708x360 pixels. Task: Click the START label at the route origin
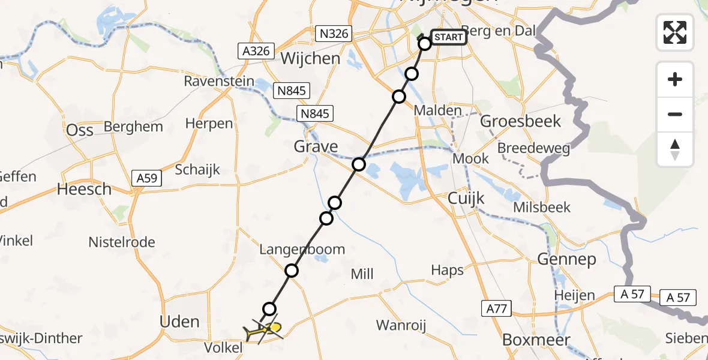click(448, 37)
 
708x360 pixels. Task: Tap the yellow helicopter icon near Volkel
click(264, 329)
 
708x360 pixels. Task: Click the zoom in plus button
click(675, 80)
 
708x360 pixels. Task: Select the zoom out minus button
click(675, 114)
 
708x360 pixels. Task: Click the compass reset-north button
click(675, 149)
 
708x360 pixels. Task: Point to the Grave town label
click(316, 146)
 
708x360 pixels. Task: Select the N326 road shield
click(334, 34)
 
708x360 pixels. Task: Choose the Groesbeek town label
click(521, 121)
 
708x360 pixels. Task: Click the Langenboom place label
click(302, 249)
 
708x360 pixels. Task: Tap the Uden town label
click(179, 322)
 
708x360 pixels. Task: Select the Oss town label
click(80, 130)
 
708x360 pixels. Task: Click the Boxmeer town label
click(527, 340)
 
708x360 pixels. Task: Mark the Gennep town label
click(567, 259)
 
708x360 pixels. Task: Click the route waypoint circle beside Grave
click(359, 164)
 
